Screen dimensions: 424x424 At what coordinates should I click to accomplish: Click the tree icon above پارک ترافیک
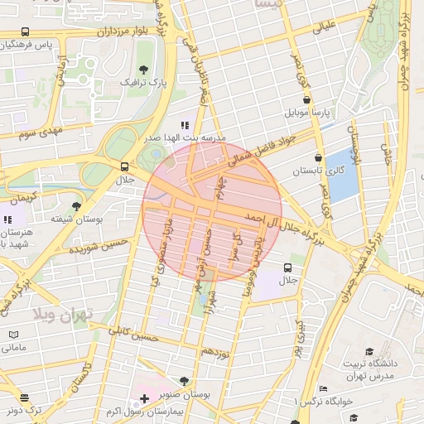[145, 70]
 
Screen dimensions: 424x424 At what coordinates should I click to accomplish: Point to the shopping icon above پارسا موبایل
[306, 99]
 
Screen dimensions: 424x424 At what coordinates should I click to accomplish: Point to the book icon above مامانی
[13, 335]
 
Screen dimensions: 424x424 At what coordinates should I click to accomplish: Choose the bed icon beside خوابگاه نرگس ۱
[323, 388]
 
